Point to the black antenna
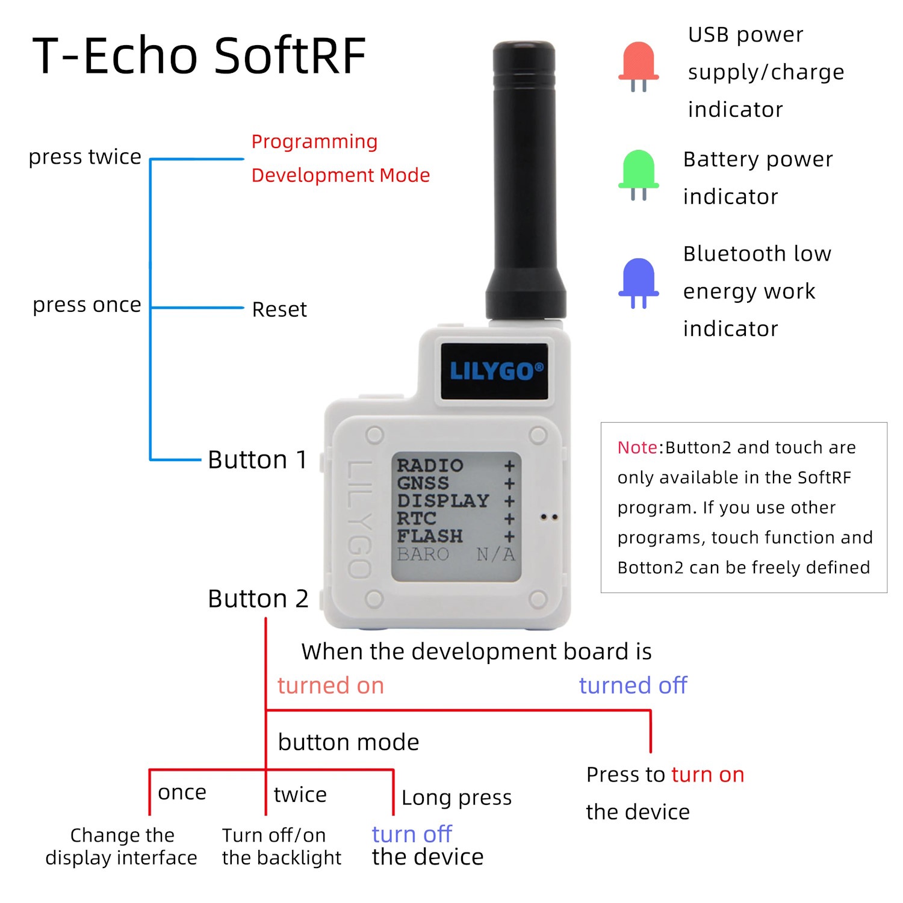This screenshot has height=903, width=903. pyautogui.click(x=524, y=181)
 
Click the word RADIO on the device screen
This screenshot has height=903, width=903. pyautogui.click(x=430, y=465)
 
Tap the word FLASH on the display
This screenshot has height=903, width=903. pyautogui.click(x=430, y=536)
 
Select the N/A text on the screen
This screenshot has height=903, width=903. pyautogui.click(x=495, y=554)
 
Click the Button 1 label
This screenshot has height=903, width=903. pyautogui.click(x=258, y=460)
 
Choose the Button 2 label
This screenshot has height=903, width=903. pyautogui.click(x=258, y=599)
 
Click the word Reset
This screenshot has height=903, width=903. pyautogui.click(x=279, y=309)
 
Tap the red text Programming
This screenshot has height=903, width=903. pyautogui.click(x=314, y=142)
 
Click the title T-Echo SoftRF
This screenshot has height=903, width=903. pyautogui.click(x=199, y=55)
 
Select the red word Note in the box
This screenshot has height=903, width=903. pyautogui.click(x=637, y=447)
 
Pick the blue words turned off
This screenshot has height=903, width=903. pyautogui.click(x=633, y=685)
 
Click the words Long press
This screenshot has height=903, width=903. pyautogui.click(x=456, y=798)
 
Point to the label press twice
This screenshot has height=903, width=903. pyautogui.click(x=85, y=157)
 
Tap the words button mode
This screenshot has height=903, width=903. pyautogui.click(x=349, y=742)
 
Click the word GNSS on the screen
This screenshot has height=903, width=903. pyautogui.click(x=423, y=483)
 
